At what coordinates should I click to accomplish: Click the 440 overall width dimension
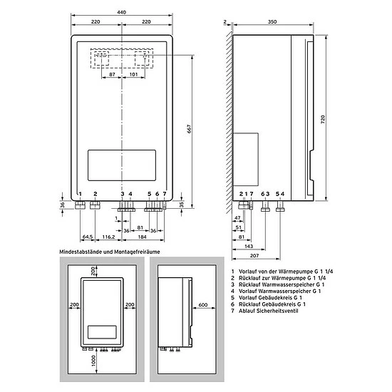(122, 12)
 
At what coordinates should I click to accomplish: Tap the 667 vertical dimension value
(190, 129)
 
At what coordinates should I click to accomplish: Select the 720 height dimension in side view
(323, 120)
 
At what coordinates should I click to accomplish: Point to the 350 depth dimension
(272, 22)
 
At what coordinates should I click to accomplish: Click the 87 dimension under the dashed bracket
(112, 74)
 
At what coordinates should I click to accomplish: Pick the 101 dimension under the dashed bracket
(133, 74)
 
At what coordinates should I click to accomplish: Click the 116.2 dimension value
(108, 237)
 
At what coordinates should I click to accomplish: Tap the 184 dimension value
(143, 237)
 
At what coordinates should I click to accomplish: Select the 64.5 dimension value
(88, 237)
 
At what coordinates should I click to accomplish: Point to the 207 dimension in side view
(254, 255)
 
